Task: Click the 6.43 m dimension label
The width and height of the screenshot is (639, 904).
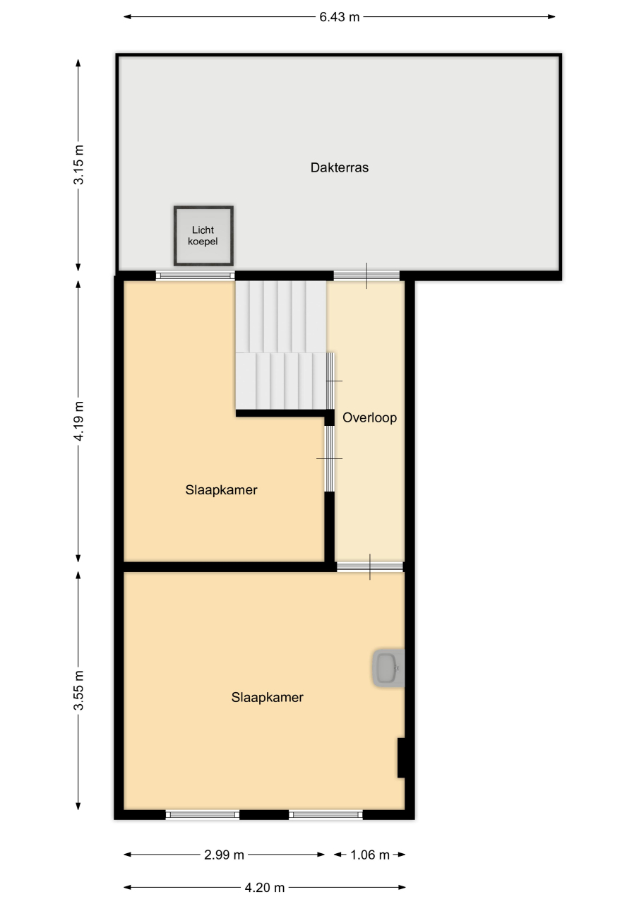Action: (339, 17)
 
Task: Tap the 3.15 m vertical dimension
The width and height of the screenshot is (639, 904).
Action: (78, 165)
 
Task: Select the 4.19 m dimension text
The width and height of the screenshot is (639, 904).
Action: (78, 421)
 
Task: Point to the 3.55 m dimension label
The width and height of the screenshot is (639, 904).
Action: (78, 690)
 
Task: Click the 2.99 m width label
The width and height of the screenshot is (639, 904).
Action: (224, 855)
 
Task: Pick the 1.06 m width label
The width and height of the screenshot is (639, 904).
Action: (369, 855)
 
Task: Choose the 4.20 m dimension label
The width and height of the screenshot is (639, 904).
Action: (265, 888)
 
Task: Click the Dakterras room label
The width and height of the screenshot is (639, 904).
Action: (339, 167)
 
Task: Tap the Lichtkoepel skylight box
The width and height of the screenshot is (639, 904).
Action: (204, 236)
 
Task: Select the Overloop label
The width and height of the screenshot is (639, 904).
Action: (369, 417)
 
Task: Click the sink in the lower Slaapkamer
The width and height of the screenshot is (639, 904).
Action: (388, 668)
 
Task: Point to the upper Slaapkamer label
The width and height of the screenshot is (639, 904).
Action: (221, 490)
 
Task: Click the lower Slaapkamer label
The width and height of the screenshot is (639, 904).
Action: (267, 697)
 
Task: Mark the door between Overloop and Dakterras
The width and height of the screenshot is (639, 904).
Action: (366, 276)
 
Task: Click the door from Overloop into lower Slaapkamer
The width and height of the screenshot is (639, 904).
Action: (370, 567)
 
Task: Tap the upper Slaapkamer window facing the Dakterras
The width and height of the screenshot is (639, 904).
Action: (196, 276)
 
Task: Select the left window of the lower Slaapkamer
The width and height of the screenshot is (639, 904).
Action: (203, 815)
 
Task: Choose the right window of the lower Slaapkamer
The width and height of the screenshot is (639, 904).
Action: (326, 815)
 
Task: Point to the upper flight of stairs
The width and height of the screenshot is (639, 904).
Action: (281, 317)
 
